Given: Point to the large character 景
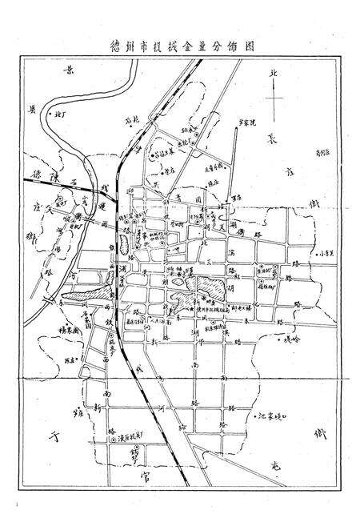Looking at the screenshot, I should (x=70, y=74).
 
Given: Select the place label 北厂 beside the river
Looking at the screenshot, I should (x=60, y=117).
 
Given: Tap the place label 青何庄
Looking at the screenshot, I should (x=322, y=149).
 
